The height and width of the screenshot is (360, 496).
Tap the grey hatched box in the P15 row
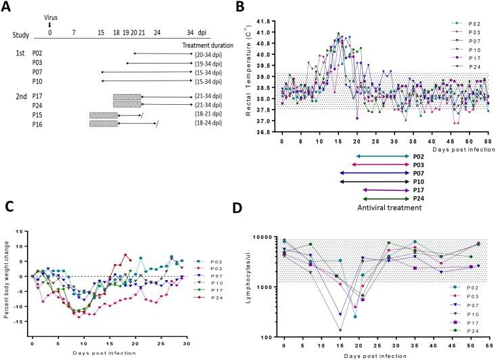pos(104,115)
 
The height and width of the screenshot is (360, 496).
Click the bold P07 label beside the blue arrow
pos(420,173)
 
